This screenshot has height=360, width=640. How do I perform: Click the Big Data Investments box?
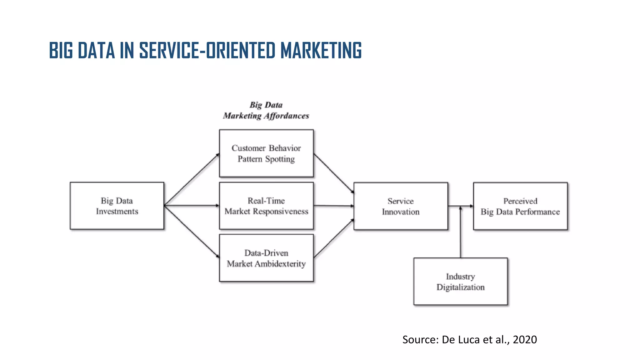(x=117, y=206)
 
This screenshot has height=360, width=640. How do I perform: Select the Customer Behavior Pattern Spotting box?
(x=266, y=153)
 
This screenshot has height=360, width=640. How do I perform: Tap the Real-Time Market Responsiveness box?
(x=266, y=206)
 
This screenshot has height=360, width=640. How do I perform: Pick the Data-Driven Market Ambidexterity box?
(x=266, y=258)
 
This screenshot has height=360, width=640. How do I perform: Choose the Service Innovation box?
(x=401, y=206)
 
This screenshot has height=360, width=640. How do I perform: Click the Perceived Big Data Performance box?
(x=520, y=206)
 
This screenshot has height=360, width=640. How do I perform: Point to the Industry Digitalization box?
(x=460, y=282)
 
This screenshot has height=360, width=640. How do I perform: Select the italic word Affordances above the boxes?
(x=287, y=116)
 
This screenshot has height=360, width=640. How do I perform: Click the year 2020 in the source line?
(x=525, y=340)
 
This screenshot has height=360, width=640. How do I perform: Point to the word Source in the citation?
(x=420, y=340)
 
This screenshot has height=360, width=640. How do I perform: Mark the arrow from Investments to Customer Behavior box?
(x=192, y=179)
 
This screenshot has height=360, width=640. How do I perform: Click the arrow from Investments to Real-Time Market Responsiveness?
(x=192, y=206)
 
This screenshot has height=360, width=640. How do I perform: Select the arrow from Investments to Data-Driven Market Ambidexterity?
(x=192, y=232)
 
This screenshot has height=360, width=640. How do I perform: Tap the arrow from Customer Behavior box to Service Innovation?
(x=334, y=173)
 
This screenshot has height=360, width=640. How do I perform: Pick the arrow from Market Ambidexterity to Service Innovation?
(x=334, y=238)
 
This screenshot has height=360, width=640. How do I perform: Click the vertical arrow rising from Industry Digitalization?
(x=461, y=233)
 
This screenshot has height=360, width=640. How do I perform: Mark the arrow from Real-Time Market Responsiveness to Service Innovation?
(x=334, y=206)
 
